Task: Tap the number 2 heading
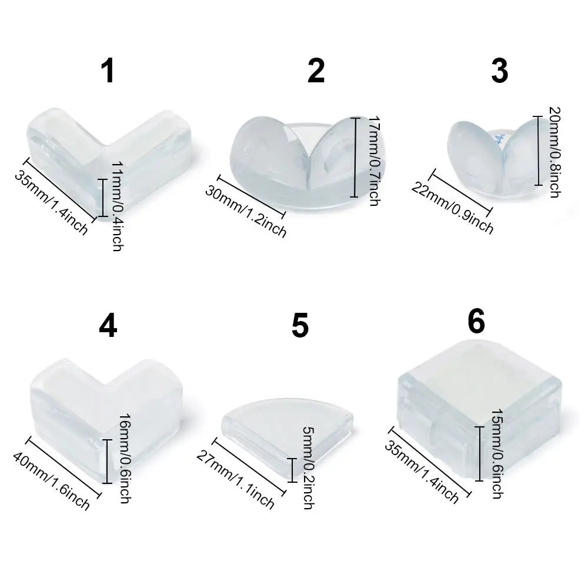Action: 316,72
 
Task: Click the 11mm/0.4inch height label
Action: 117,205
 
